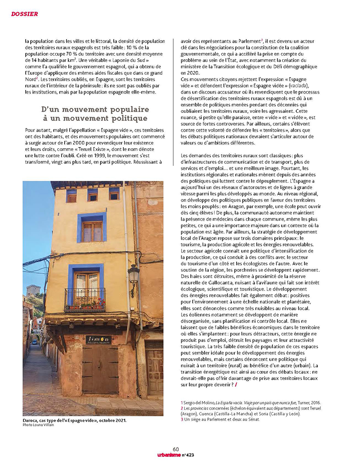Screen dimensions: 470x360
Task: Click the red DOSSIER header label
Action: click(24, 14)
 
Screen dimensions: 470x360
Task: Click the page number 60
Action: click(176, 449)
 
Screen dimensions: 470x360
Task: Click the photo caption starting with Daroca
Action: click(74, 420)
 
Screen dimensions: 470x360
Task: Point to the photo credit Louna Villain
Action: click(39, 425)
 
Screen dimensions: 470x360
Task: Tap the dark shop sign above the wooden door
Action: click(98, 340)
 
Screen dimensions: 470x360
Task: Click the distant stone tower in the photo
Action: click(33, 290)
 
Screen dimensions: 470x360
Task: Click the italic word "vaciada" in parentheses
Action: click(299, 86)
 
